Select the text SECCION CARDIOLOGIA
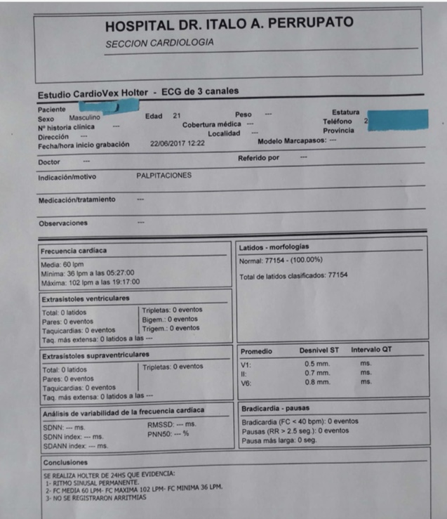(159, 44)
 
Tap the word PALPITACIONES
(164, 176)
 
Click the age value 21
(177, 116)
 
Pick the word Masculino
(85, 118)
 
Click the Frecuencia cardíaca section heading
(74, 251)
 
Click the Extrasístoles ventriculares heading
(85, 298)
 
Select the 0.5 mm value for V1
(316, 364)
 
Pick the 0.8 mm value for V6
(317, 382)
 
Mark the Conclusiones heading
(65, 463)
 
